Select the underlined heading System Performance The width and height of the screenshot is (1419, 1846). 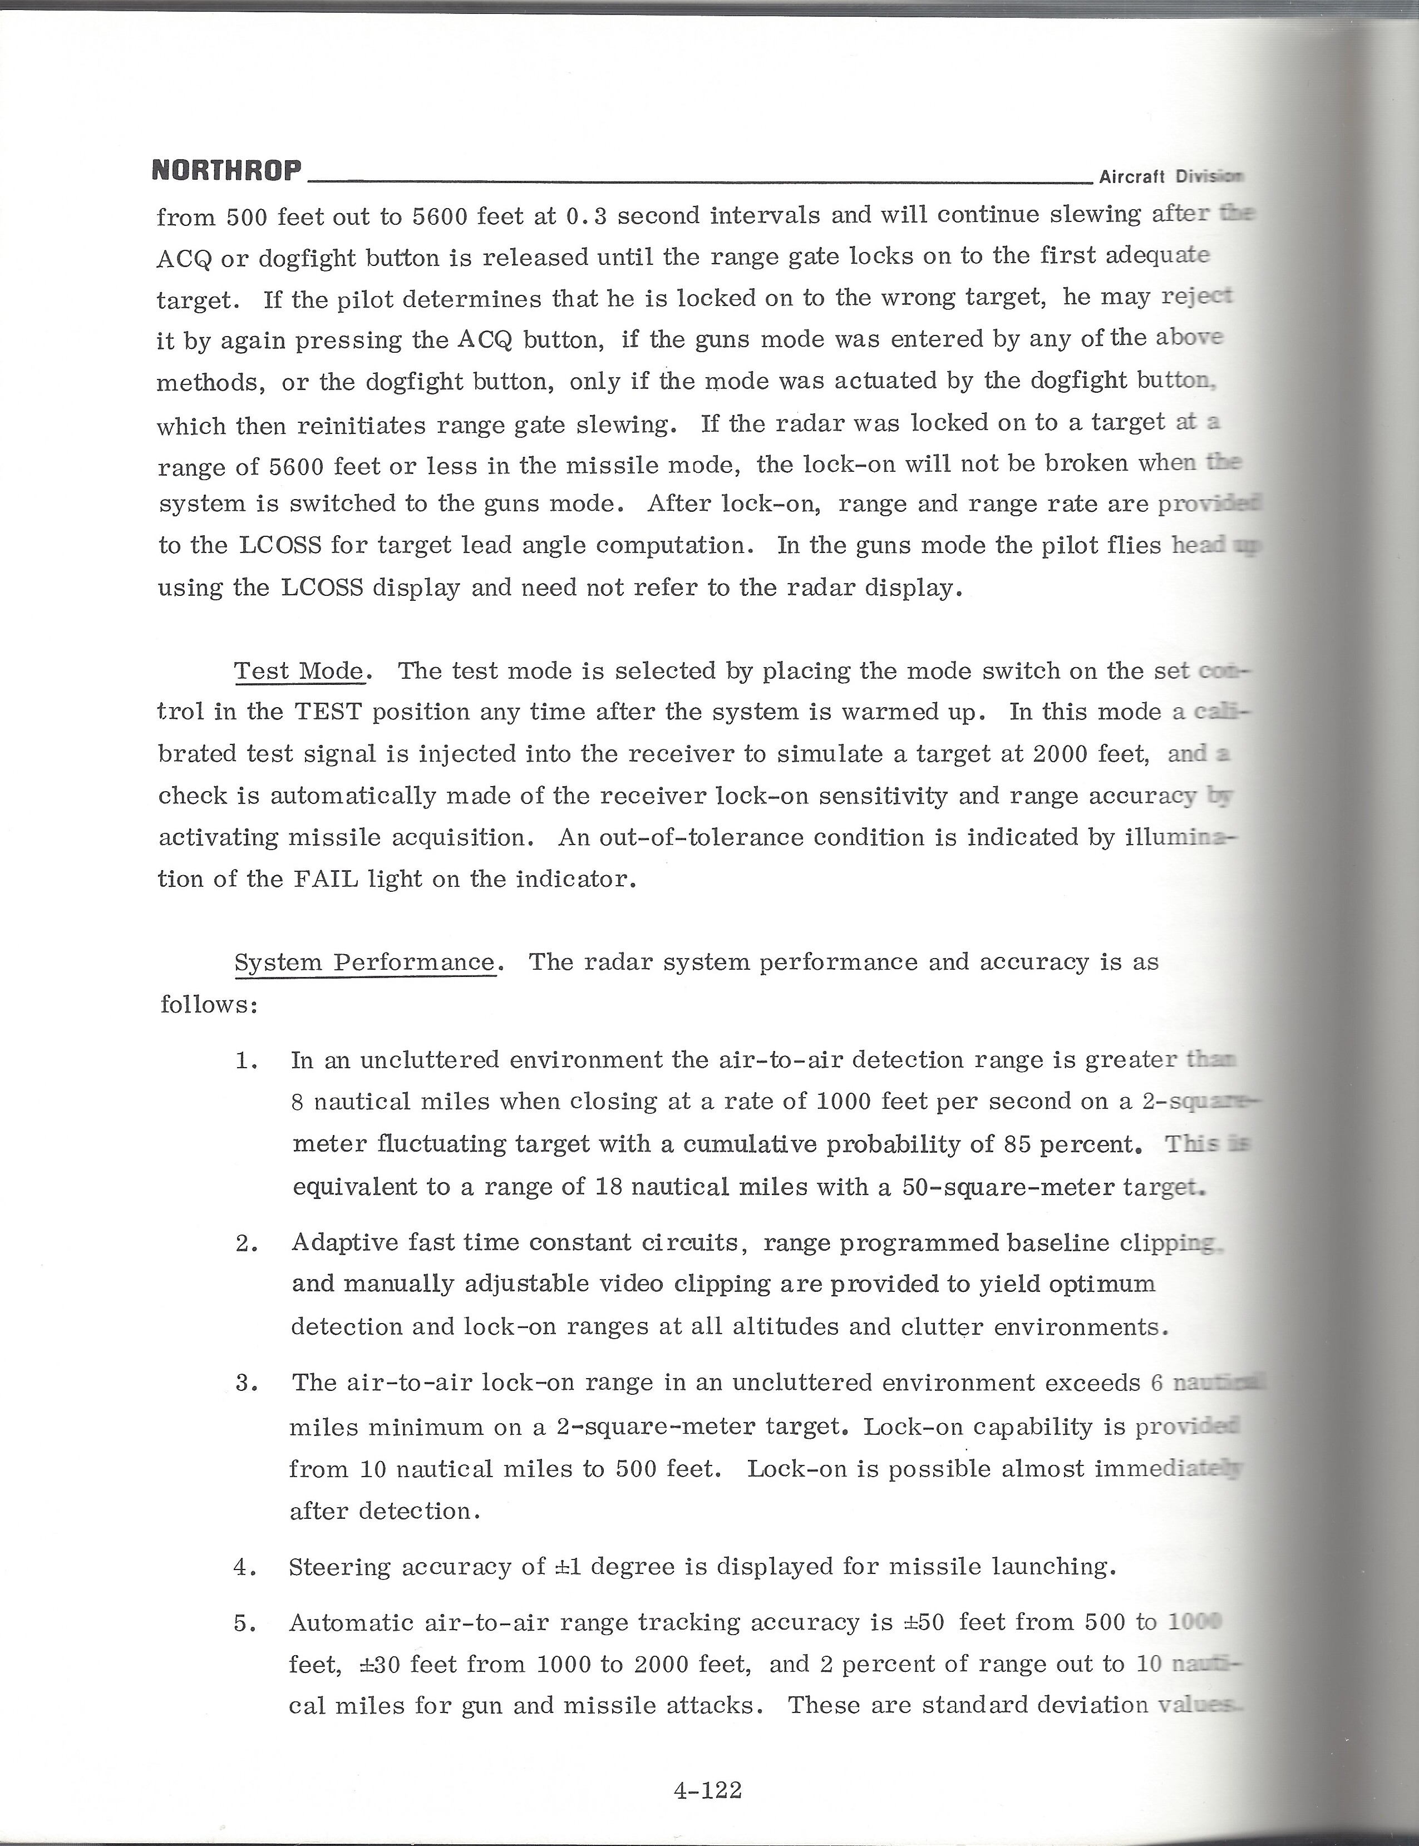pos(364,962)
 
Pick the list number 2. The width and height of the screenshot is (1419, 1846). pos(245,1243)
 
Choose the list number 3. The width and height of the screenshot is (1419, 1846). pos(245,1383)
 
